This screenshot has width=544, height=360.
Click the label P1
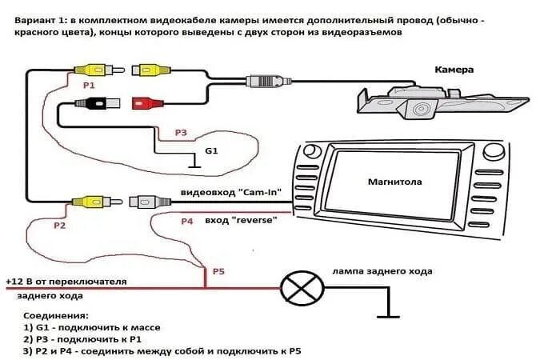(x=89, y=85)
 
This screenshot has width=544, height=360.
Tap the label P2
(x=59, y=226)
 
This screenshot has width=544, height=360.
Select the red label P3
(x=180, y=132)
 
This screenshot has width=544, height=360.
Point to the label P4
(x=186, y=220)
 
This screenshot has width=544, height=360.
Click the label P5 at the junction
(x=218, y=271)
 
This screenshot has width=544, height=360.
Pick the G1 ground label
(x=211, y=150)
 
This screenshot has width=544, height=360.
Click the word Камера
(x=454, y=70)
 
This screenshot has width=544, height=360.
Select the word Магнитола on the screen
(x=394, y=182)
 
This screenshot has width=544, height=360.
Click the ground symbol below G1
(x=192, y=166)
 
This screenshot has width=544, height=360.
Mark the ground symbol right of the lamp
(x=389, y=313)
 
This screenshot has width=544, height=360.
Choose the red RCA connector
(x=148, y=102)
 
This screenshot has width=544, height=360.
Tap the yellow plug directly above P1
(x=88, y=70)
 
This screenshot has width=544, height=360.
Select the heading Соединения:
(x=57, y=316)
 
